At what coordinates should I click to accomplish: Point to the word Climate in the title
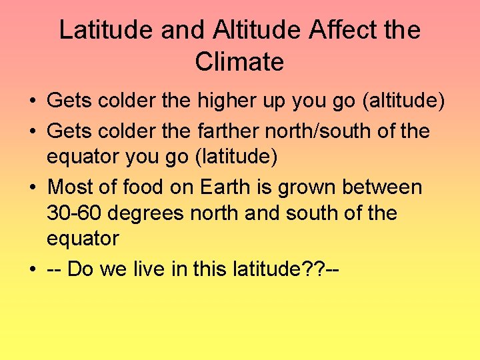coord(240,62)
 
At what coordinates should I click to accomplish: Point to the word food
coord(144,187)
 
